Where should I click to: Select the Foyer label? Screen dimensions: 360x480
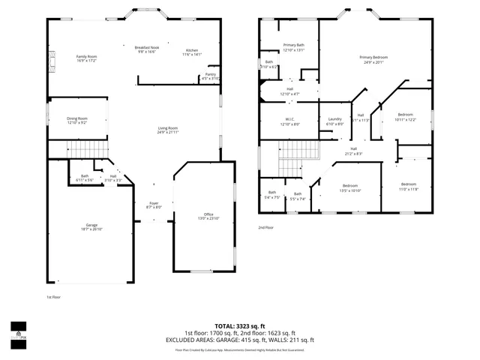[x=153, y=205]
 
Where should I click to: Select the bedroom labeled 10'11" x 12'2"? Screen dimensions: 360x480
[x=405, y=117]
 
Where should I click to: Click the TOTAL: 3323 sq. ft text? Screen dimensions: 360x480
[x=239, y=326]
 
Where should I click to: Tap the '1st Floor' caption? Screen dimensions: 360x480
[x=53, y=297]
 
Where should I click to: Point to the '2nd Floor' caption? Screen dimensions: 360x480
[x=266, y=227]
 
